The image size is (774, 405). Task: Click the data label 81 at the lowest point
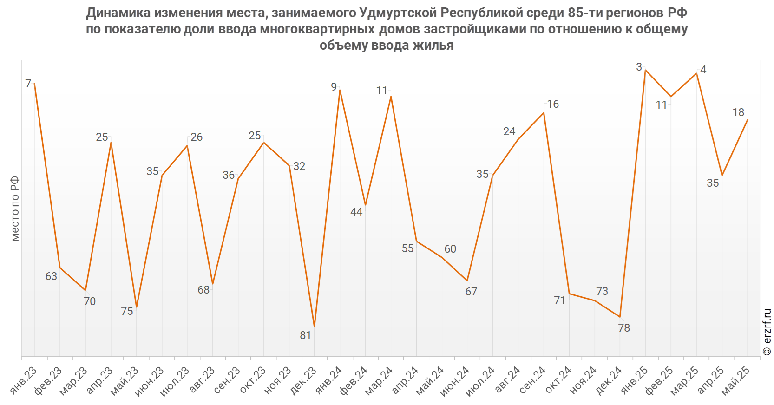coord(305,335)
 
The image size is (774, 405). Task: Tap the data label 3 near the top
coord(639,67)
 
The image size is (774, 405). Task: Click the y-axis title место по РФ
coord(15,209)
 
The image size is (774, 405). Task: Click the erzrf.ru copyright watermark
coord(767,332)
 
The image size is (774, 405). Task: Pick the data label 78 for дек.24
coord(624,328)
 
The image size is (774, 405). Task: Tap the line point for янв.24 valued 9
coord(340,90)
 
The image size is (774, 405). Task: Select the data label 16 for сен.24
coord(553,104)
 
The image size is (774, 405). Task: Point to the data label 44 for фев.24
coord(356,212)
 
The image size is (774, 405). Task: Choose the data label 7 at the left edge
coord(28,84)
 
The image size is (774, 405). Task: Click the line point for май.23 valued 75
coord(136,307)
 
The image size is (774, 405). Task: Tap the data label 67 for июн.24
coord(471,292)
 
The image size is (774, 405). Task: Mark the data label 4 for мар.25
coord(703,70)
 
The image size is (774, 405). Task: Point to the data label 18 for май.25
coord(738,112)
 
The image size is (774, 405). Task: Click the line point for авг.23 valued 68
coord(213,284)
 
